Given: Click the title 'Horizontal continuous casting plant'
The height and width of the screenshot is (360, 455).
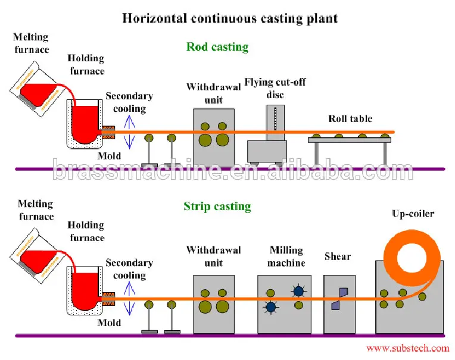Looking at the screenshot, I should [x=230, y=18].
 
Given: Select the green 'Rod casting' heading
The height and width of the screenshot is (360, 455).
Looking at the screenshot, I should [x=217, y=46].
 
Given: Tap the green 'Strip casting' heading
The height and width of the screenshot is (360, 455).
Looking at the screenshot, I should [x=217, y=206].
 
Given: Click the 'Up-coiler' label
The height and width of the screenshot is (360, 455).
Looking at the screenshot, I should [x=413, y=213].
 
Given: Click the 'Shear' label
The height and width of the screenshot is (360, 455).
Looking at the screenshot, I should [x=338, y=256].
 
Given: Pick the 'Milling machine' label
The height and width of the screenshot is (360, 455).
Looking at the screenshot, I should [x=286, y=256].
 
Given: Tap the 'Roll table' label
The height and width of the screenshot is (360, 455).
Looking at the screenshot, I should [x=350, y=119].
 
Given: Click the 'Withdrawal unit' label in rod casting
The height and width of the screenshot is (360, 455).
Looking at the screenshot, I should [x=213, y=93].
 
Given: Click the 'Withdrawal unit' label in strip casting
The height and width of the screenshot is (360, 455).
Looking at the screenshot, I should [x=213, y=256].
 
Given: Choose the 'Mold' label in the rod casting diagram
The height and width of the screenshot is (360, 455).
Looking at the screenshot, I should [x=109, y=156].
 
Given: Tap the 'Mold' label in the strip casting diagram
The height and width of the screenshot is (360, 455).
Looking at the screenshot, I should [x=109, y=323].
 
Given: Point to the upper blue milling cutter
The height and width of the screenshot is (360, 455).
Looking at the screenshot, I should [x=298, y=290].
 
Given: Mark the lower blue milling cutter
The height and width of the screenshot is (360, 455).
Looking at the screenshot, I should [x=271, y=307].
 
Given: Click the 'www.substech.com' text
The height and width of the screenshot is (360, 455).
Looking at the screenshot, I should [x=407, y=349].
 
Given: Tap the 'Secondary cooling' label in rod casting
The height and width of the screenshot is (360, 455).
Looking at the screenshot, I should [x=129, y=102].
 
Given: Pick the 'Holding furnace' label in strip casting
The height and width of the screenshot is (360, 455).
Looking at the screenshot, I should [x=86, y=231].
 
